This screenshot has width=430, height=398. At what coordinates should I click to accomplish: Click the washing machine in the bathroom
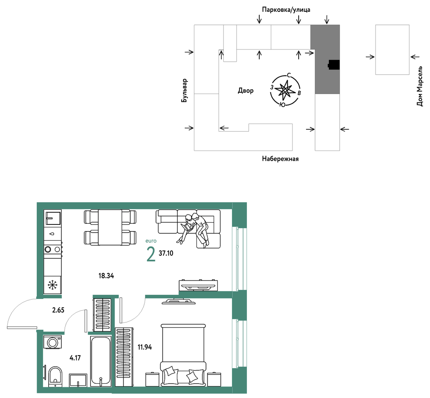tap(53, 342)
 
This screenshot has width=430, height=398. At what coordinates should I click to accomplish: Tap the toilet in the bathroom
tap(56, 377)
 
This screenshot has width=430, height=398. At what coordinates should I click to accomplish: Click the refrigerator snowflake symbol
tap(52, 285)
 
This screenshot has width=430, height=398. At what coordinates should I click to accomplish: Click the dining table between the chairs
tap(110, 227)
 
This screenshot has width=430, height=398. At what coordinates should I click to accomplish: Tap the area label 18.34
tap(106, 276)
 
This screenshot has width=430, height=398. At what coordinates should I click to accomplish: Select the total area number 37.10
tap(166, 253)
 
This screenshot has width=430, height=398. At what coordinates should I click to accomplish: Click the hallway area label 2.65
tap(58, 310)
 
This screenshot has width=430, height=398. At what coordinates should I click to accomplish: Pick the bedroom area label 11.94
tap(145, 347)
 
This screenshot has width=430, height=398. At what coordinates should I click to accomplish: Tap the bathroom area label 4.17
tap(75, 358)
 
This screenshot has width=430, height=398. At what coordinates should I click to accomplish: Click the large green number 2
tap(151, 254)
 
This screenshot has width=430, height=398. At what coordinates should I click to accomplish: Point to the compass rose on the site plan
tap(285, 90)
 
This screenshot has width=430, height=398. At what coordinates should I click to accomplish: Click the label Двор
tap(245, 91)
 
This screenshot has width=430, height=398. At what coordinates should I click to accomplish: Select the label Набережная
tap(280, 159)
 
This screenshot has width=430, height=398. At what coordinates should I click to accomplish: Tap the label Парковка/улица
tap(286, 10)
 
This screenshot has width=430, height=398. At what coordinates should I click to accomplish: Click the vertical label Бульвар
tap(184, 91)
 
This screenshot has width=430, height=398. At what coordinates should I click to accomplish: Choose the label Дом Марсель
tap(420, 86)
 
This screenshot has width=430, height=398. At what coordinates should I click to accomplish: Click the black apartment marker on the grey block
tap(334, 65)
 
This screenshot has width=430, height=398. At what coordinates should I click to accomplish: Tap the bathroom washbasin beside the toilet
tap(78, 380)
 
